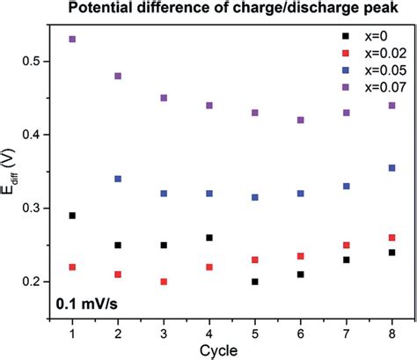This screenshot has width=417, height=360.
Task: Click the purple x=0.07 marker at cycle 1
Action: click(72, 40)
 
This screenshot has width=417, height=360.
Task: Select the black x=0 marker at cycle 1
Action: click(72, 215)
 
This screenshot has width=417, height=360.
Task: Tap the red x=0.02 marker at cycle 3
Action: click(164, 282)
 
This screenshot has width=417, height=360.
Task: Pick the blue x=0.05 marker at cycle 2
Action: click(118, 179)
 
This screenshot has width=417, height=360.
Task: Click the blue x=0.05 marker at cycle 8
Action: click(391, 167)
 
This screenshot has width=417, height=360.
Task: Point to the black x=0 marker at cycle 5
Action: click(255, 282)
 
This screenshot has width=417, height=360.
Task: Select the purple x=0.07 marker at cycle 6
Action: click(301, 120)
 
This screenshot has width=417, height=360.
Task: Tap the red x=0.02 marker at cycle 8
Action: click(391, 238)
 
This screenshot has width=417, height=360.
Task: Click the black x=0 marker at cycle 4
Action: click(209, 238)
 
